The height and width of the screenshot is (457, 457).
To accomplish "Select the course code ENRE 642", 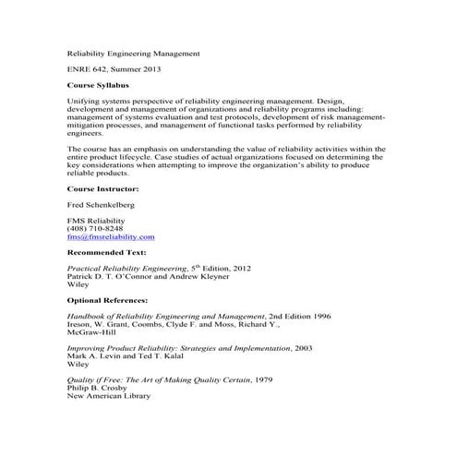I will [90, 69].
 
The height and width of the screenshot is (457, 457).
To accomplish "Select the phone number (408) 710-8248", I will [95, 228].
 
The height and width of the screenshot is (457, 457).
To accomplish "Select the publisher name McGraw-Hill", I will [92, 331].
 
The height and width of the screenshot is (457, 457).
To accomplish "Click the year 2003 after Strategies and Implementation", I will [300, 347].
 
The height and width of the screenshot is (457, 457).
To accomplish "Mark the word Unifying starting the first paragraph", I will [86, 100].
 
